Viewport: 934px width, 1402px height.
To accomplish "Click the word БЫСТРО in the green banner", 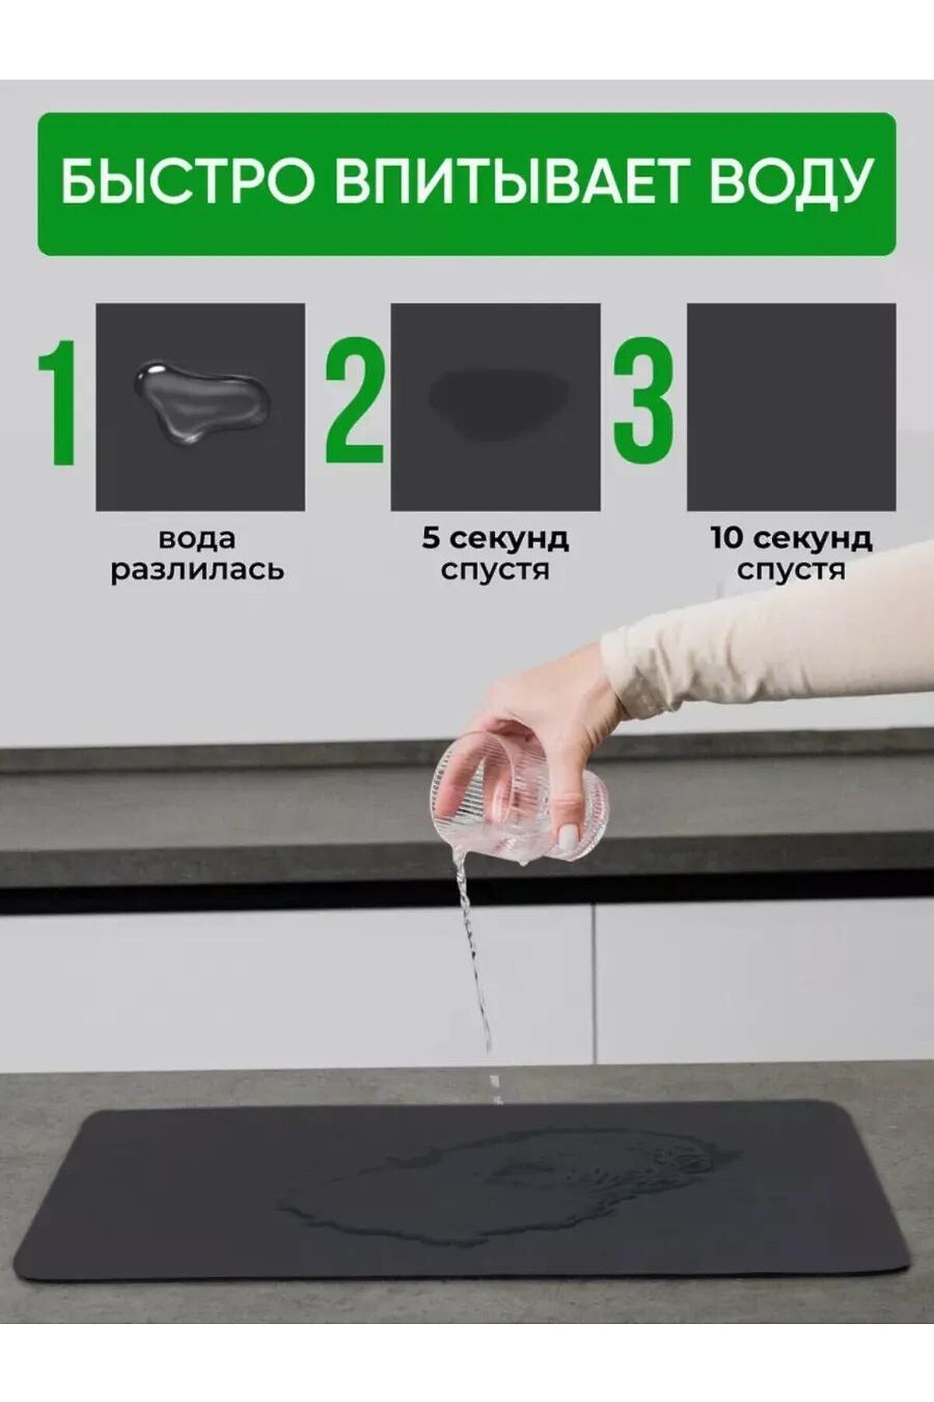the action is (x=188, y=181).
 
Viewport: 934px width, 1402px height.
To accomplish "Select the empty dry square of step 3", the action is (x=791, y=407).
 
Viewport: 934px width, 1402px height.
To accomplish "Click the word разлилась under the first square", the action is (x=197, y=569).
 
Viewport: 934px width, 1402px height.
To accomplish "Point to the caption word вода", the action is (x=197, y=538).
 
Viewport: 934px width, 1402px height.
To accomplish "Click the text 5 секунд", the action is (x=496, y=537).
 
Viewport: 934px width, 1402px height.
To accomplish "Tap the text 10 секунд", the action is (x=791, y=537).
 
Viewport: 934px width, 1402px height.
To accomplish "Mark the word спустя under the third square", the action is (x=791, y=569).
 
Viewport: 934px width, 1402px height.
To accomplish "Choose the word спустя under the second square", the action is (x=495, y=569).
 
